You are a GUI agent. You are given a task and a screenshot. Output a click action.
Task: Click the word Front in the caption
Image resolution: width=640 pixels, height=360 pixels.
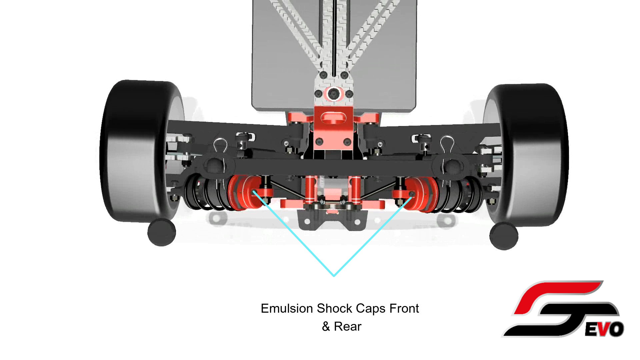pyautogui.click(x=404, y=309)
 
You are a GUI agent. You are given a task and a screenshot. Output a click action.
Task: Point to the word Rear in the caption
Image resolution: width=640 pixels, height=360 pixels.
pyautogui.click(x=348, y=327)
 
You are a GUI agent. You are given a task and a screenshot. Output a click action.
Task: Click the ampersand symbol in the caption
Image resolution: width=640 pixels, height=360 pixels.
pyautogui.click(x=326, y=327)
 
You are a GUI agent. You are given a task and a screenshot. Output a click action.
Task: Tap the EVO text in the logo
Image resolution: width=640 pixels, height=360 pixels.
pyautogui.click(x=604, y=330)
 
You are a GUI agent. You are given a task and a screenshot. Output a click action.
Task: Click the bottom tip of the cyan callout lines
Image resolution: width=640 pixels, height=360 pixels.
pyautogui.click(x=334, y=276)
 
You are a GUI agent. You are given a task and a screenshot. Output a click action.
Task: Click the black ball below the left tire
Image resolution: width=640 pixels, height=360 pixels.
pyautogui.click(x=162, y=232)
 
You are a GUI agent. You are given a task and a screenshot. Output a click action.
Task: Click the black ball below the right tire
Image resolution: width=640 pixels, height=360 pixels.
pyautogui.click(x=504, y=236)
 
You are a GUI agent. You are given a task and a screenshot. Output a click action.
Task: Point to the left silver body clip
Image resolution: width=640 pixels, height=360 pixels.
pyautogui.click(x=220, y=147)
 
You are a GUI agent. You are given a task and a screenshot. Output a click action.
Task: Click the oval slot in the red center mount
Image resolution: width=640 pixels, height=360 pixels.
pyautogui.click(x=333, y=118)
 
